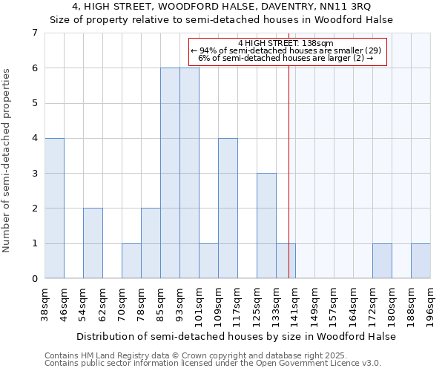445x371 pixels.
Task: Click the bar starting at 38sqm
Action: click(54, 208)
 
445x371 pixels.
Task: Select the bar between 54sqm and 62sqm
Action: click(93, 243)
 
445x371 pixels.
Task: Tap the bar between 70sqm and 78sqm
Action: click(131, 260)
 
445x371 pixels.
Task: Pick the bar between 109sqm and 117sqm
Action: click(228, 208)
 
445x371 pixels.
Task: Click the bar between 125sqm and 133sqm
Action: click(266, 226)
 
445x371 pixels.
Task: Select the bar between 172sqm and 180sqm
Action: click(382, 260)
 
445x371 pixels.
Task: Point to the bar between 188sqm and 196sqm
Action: click(421, 260)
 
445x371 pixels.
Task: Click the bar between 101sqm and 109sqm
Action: click(208, 260)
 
